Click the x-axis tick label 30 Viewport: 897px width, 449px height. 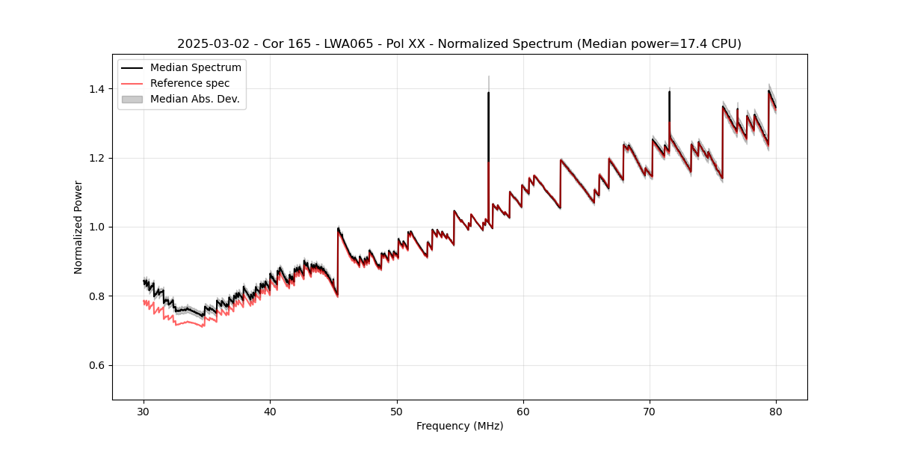[x=144, y=411]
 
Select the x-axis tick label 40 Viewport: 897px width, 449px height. [x=271, y=411]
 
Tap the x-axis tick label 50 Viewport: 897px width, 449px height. [x=397, y=411]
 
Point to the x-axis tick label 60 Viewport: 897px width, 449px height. [x=523, y=411]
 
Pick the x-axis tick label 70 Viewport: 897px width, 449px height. [x=650, y=411]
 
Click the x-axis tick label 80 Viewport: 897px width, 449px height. [x=776, y=411]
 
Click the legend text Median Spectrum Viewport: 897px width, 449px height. [x=196, y=68]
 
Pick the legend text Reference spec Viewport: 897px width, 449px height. [x=190, y=83]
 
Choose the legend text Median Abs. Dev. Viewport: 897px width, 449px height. [x=195, y=99]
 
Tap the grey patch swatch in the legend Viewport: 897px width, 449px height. [x=132, y=99]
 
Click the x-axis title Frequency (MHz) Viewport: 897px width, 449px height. [x=460, y=426]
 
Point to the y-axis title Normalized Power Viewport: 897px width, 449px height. [x=78, y=227]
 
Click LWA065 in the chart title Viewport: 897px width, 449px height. [x=350, y=44]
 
